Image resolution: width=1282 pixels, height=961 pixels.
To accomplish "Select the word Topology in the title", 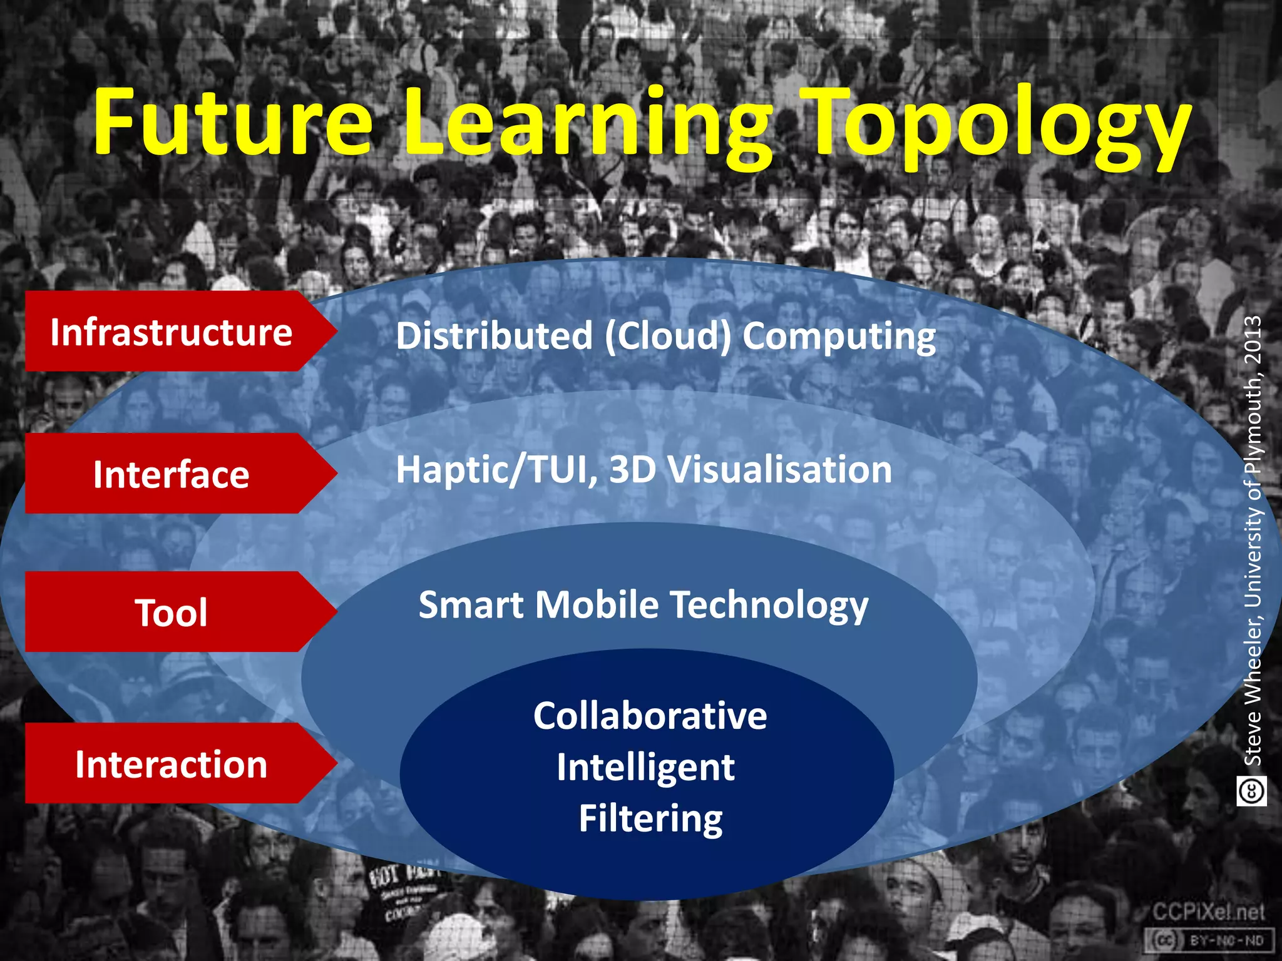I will pos(995,128).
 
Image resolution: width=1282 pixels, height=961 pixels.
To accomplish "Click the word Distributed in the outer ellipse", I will pos(494,336).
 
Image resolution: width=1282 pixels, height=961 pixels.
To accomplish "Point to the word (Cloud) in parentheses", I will pos(668,337).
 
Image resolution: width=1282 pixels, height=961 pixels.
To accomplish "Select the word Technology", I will pos(769,606).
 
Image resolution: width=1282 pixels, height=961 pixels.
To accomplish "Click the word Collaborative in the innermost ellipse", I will pos(650,716).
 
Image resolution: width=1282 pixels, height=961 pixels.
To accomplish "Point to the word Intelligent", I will pos(645,768).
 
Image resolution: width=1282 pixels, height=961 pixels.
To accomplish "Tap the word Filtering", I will pos(650,818).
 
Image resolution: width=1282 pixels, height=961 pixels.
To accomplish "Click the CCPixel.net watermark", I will pos(1208,913).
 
